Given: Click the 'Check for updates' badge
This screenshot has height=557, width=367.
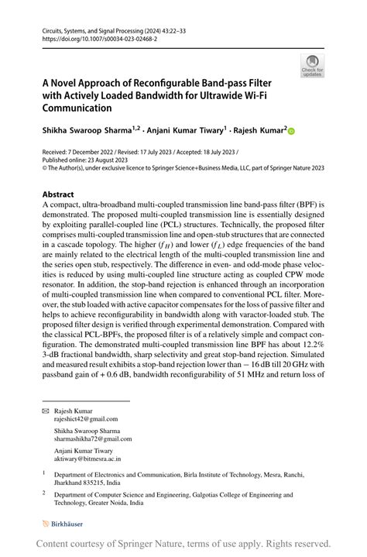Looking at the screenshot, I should [x=312, y=66].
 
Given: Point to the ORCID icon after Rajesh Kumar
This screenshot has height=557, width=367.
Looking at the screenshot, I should [x=292, y=132].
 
